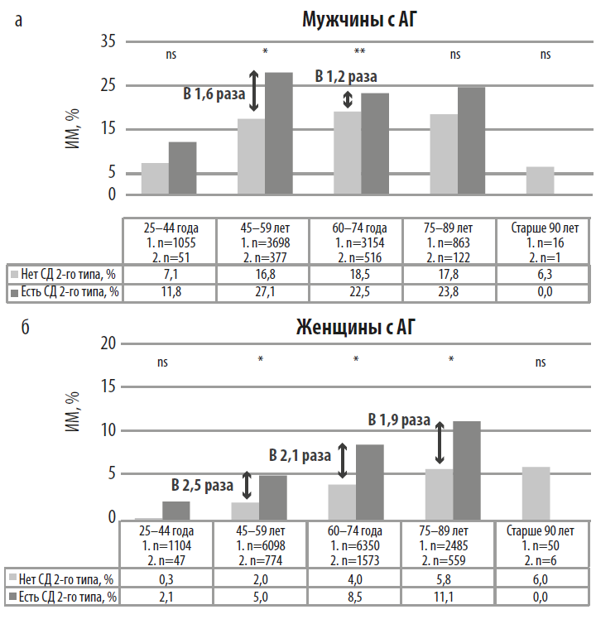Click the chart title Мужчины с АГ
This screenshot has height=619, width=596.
coord(357,18)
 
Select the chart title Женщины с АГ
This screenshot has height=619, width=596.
coord(356,328)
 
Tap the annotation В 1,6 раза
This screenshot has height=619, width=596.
coord(214,94)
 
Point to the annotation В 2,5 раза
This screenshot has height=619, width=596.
coord(202,484)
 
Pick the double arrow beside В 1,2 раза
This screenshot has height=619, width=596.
coord(348,98)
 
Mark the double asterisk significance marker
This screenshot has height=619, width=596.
coord(360,52)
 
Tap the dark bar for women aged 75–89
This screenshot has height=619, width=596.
coord(467,470)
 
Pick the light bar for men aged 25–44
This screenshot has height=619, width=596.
coord(155,178)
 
